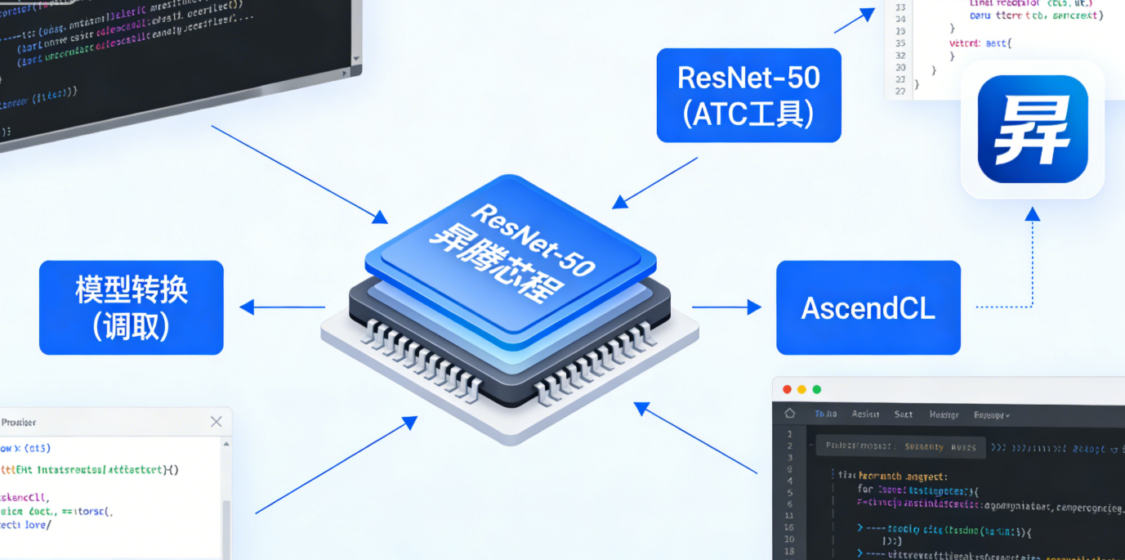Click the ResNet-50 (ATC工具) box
pyautogui.click(x=748, y=95)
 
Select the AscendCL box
pyautogui.click(x=868, y=307)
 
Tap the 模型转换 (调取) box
pyautogui.click(x=131, y=307)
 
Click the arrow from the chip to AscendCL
pyautogui.click(x=726, y=307)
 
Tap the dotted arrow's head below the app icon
pyautogui.click(x=1033, y=214)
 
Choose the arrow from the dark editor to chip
pyautogui.click(x=694, y=437)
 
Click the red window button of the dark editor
pyautogui.click(x=787, y=389)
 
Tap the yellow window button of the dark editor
pyautogui.click(x=801, y=389)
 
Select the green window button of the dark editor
pyautogui.click(x=816, y=389)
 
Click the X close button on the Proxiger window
pyautogui.click(x=216, y=422)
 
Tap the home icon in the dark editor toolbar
pyautogui.click(x=789, y=414)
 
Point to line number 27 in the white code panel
pyautogui.click(x=900, y=92)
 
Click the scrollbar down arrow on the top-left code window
pyautogui.click(x=356, y=59)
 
